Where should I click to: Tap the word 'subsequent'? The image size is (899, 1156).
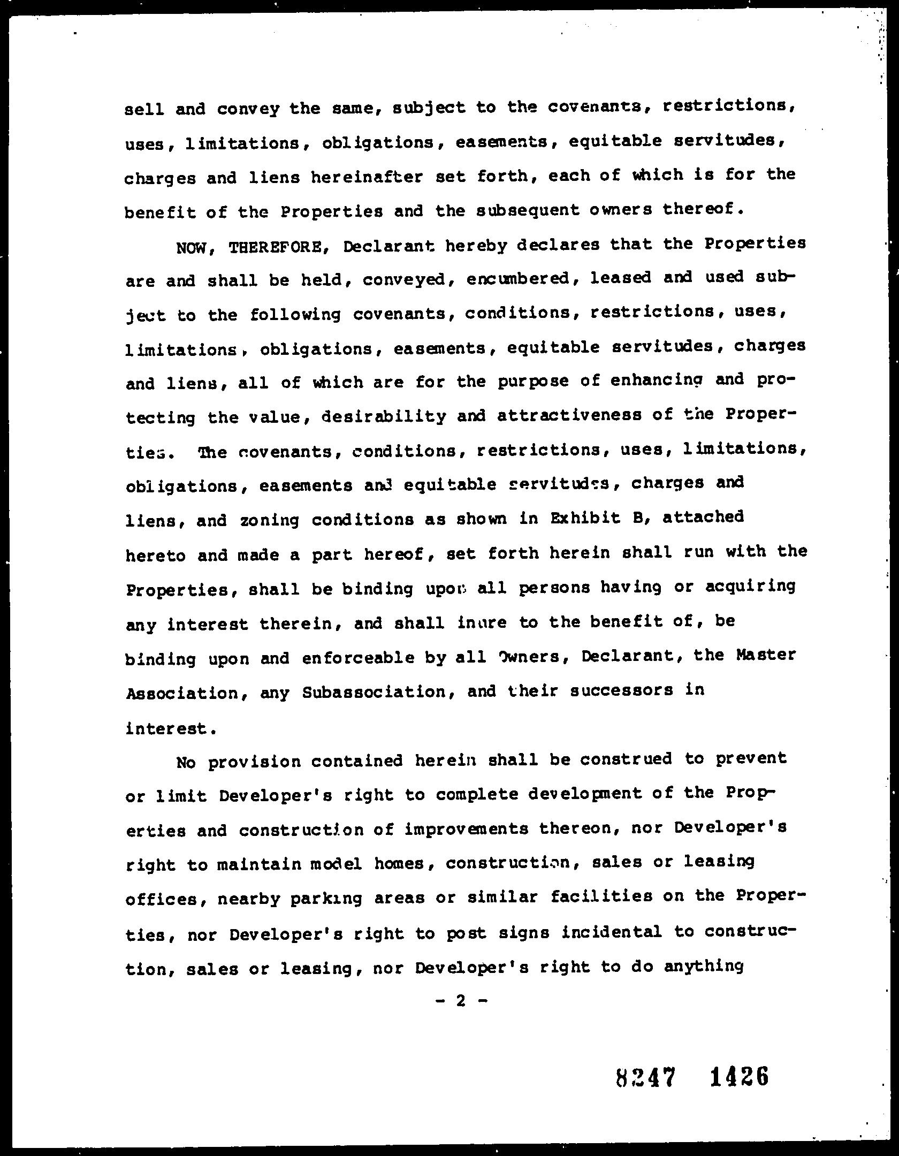(528, 210)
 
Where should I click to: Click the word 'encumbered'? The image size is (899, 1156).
(519, 278)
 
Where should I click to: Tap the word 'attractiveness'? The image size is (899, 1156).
(569, 416)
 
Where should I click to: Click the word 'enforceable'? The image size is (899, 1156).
(358, 658)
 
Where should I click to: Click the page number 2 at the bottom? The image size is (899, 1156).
(460, 1001)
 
